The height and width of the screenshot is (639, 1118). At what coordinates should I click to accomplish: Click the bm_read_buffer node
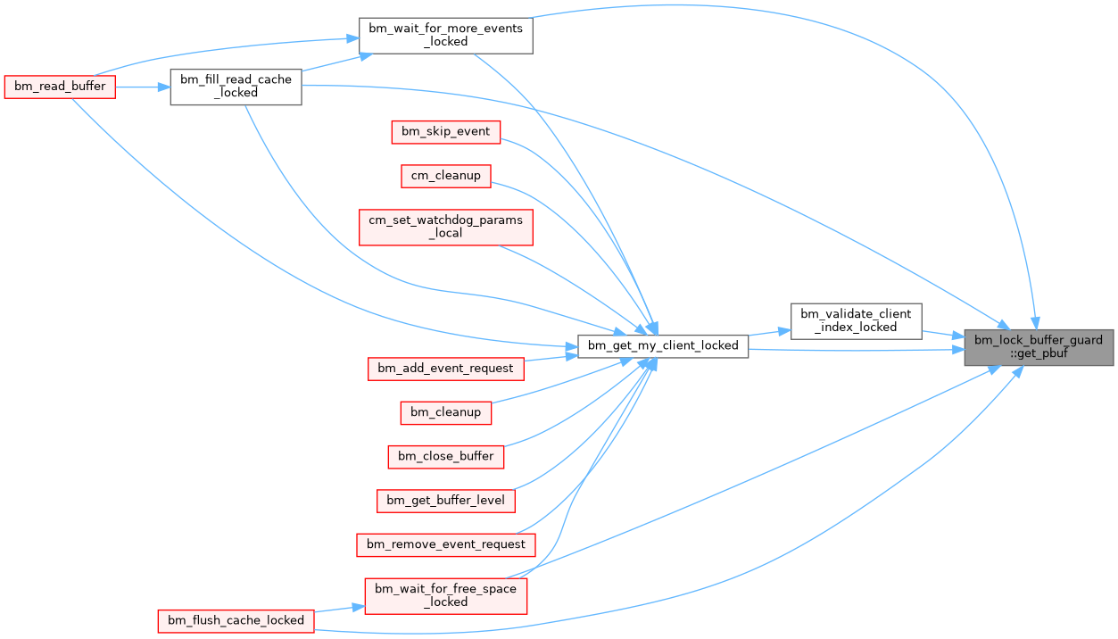(x=60, y=87)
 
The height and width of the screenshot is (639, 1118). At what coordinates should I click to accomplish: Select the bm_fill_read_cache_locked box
(x=236, y=87)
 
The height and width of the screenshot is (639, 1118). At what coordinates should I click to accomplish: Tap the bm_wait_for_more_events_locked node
(x=445, y=35)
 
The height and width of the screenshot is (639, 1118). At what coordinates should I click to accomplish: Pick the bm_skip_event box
(x=445, y=131)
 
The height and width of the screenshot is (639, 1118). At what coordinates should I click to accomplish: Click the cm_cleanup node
(x=445, y=176)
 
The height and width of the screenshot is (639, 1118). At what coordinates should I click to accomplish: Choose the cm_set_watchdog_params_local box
(x=445, y=227)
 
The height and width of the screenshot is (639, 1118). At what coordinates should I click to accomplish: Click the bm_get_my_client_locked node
(x=663, y=345)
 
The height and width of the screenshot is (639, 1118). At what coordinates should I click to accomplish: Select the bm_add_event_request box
(x=445, y=368)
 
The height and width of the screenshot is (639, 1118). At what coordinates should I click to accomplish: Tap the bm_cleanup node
(x=445, y=412)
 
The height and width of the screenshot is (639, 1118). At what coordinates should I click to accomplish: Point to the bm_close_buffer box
(x=445, y=456)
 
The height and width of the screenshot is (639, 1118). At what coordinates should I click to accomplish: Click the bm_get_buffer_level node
(x=445, y=500)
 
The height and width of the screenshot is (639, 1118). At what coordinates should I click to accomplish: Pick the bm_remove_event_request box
(x=445, y=544)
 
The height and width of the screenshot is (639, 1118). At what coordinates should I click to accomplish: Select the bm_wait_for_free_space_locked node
(x=445, y=595)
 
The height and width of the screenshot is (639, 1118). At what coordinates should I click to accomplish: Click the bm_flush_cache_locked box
(x=236, y=620)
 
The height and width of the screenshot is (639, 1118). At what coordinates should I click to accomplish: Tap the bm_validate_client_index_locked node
(x=856, y=320)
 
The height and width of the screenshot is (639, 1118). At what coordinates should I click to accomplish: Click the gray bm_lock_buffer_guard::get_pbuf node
(x=1039, y=346)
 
